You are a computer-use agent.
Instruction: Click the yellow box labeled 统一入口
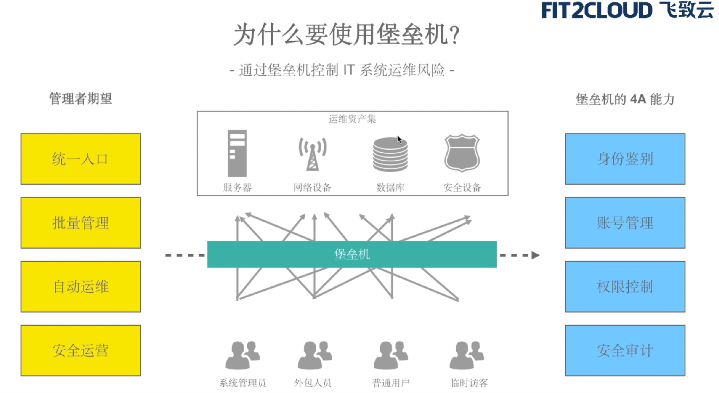click(81, 159)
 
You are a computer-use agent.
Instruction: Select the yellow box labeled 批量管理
click(81, 223)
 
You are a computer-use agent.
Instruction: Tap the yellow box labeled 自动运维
click(81, 286)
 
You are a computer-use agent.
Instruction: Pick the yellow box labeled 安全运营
click(81, 350)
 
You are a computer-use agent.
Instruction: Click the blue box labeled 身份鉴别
click(625, 159)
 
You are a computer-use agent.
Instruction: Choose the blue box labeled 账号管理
click(625, 223)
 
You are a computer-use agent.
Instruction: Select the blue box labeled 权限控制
click(625, 286)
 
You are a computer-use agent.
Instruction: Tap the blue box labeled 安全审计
click(625, 350)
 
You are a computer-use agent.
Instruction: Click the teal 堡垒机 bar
click(352, 254)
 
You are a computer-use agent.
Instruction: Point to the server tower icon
click(237, 153)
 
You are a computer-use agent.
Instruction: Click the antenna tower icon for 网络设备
click(313, 154)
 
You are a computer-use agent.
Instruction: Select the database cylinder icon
click(390, 154)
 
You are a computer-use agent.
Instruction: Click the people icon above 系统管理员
click(242, 355)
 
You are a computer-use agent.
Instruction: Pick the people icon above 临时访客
click(467, 355)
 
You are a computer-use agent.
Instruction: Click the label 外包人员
click(313, 383)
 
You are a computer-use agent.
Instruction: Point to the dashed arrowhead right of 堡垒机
click(535, 255)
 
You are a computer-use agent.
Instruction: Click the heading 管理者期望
click(81, 99)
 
